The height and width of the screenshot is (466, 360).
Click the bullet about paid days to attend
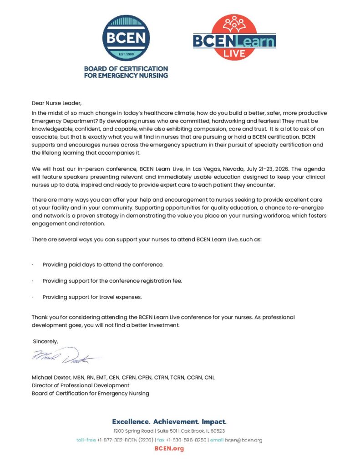(x=103, y=264)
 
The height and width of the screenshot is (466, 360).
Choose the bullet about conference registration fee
(x=112, y=281)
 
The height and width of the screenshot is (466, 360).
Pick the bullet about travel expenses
(x=92, y=297)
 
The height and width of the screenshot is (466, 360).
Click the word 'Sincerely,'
(x=46, y=341)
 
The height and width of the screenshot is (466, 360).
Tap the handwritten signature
(x=64, y=356)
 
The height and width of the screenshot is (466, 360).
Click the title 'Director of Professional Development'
(x=81, y=385)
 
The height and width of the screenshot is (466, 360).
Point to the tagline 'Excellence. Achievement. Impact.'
(x=169, y=422)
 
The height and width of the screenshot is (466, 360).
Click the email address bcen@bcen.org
(x=243, y=440)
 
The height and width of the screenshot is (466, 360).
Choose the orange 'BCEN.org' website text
(x=169, y=449)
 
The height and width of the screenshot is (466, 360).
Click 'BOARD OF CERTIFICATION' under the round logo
(x=126, y=69)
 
